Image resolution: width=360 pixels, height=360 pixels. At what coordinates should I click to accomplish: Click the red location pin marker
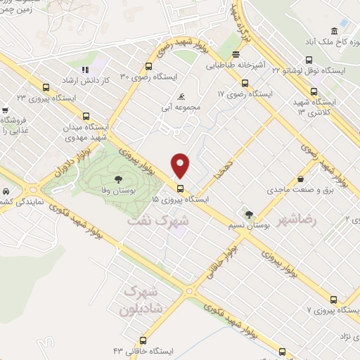click(x=181, y=165)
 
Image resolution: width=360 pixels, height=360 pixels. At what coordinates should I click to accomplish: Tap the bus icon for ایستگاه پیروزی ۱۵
click(x=181, y=188)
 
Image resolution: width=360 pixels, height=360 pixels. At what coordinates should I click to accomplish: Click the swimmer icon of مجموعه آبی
click(x=182, y=96)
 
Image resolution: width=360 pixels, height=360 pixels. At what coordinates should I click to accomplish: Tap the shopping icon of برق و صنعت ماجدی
click(x=300, y=179)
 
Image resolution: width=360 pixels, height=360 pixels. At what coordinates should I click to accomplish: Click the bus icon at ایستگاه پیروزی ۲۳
click(x=46, y=89)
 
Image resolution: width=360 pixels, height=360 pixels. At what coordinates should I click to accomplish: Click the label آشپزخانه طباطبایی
click(x=237, y=65)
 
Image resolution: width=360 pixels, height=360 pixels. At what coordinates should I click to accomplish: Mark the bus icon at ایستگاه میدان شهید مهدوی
click(x=86, y=117)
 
